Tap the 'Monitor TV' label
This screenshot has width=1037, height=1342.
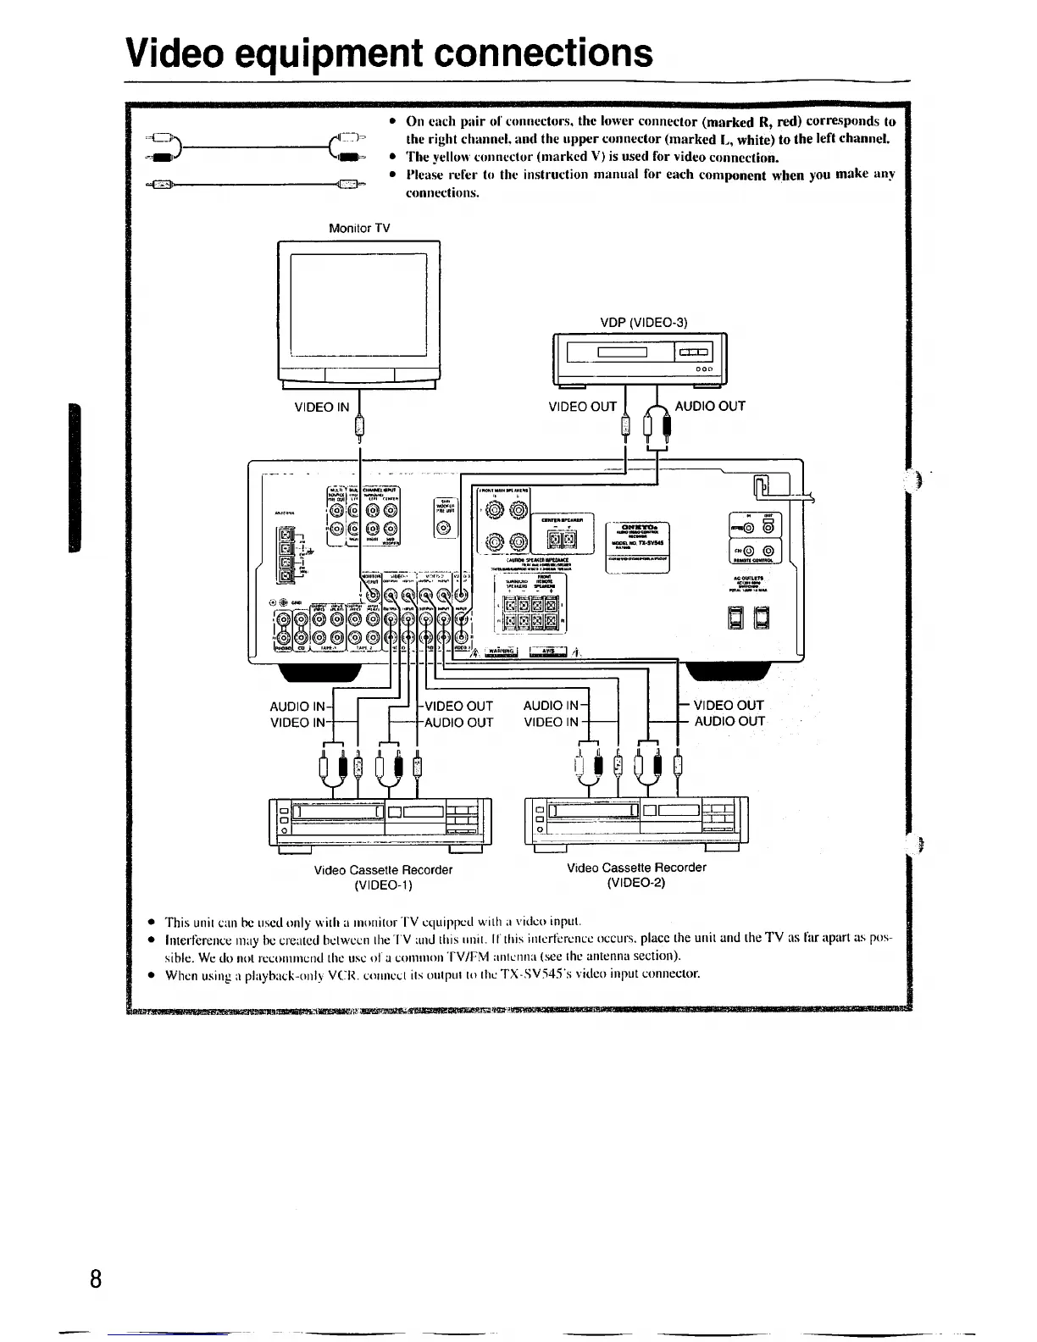(359, 228)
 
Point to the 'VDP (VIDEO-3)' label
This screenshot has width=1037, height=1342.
(644, 322)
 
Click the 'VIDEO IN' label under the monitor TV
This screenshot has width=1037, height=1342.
(321, 407)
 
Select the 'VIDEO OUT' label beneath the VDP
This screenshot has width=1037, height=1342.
(582, 407)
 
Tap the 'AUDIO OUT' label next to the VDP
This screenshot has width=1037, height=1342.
(710, 406)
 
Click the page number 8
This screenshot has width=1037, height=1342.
(96, 1278)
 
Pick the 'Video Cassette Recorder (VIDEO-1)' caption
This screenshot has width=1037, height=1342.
(383, 877)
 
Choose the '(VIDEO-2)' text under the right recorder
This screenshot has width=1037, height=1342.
(635, 883)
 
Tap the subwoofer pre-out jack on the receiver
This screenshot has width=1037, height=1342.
(446, 528)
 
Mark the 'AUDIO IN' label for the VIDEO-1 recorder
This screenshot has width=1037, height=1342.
(297, 706)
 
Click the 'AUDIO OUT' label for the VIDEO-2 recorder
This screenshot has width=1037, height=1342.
(729, 722)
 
